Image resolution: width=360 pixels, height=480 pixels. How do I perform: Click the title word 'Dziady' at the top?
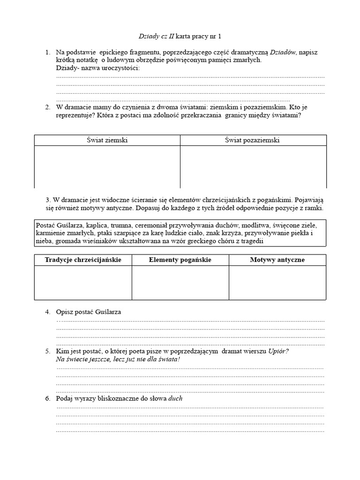pos(149,36)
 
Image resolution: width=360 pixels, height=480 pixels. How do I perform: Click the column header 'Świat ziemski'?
pos(107,140)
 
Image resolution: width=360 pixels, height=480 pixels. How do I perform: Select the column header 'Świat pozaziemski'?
pos(253,140)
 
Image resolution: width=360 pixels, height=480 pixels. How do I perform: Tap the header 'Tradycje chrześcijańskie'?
pos(83,260)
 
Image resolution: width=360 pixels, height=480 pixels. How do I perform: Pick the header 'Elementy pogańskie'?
pos(180,260)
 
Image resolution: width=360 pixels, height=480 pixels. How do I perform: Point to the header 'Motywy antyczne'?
pos(277,260)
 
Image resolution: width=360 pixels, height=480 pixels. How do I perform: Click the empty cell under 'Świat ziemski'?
pos(107,166)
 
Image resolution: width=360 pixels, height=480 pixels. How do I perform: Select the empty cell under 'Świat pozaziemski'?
pos(253,166)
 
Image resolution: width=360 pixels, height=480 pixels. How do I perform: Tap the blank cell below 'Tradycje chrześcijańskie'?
pos(83,282)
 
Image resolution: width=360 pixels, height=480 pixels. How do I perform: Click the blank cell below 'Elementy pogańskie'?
pos(180,282)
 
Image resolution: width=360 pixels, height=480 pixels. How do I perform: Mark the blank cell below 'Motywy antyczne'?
pos(277,282)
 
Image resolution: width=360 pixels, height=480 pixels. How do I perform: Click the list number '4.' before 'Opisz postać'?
pos(48,312)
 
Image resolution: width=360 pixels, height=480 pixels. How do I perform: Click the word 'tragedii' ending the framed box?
pos(252,241)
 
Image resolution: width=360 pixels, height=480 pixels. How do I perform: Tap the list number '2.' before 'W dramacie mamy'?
pos(48,107)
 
